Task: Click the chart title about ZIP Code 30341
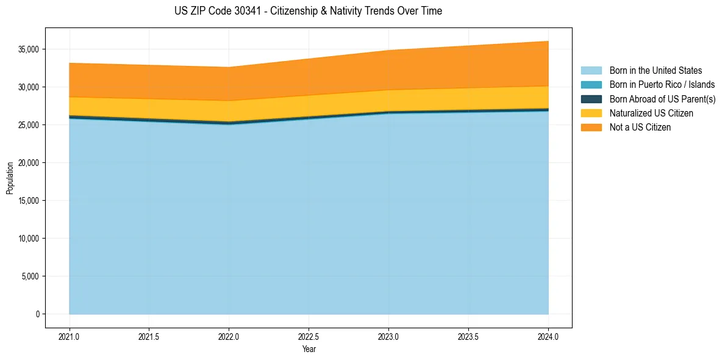tap(308, 11)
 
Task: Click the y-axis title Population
tap(10, 178)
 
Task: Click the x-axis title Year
tap(309, 349)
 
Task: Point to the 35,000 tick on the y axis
tap(29, 49)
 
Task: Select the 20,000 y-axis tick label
tap(29, 163)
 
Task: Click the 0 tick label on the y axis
tap(37, 314)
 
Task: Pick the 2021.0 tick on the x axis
tap(70, 336)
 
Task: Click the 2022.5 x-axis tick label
tap(309, 336)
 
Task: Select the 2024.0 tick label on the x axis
tap(548, 336)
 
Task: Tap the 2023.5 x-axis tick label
tap(468, 336)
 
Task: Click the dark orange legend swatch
tap(591, 128)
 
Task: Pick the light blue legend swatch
tap(591, 71)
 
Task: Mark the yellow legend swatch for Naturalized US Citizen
tap(591, 113)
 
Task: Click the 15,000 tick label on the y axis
tap(29, 201)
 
